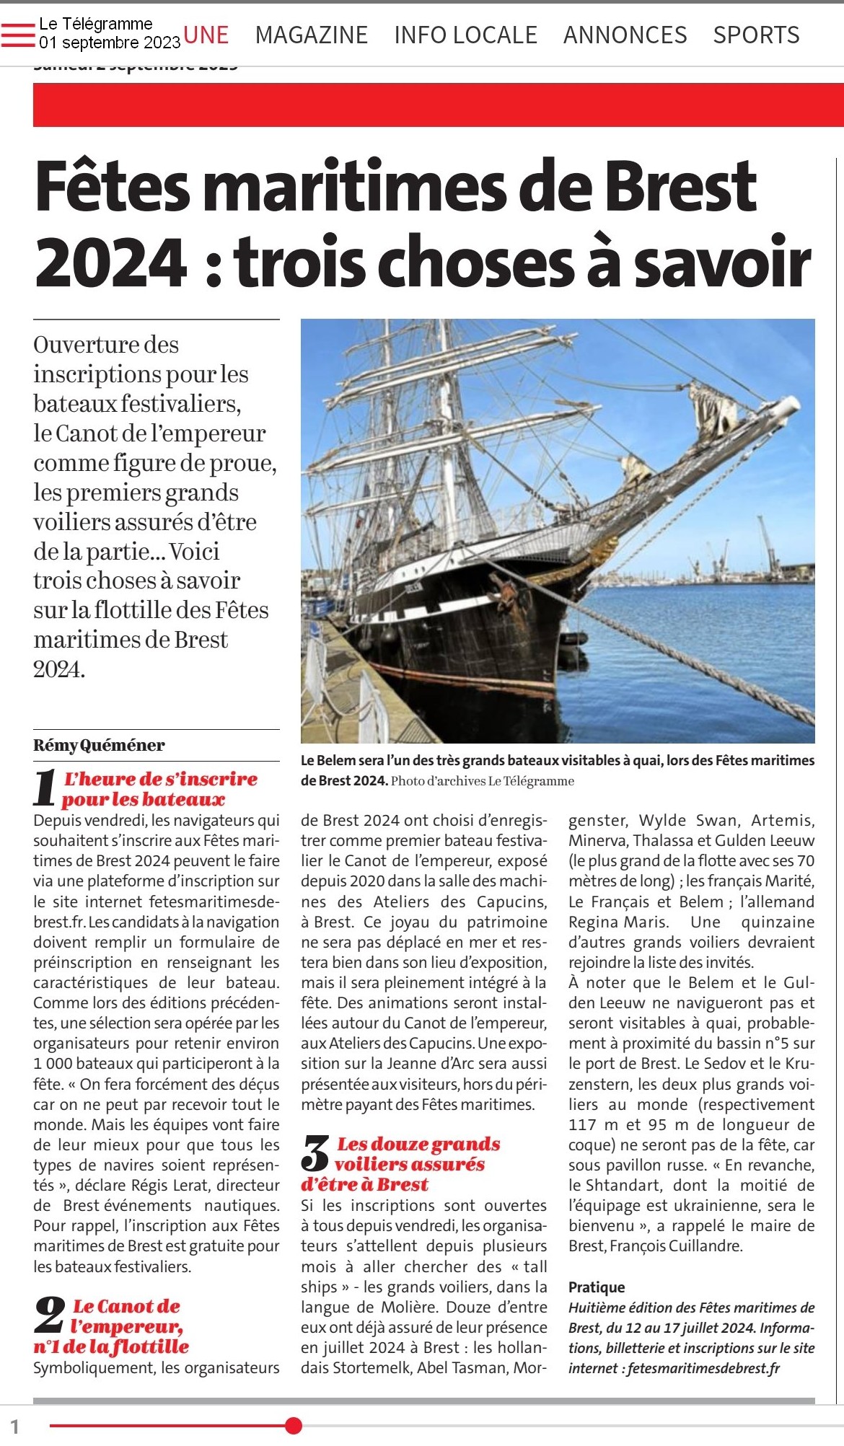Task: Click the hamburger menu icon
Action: click(x=18, y=35)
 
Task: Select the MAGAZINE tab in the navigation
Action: click(x=311, y=35)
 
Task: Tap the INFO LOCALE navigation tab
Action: click(x=465, y=35)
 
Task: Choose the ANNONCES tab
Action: click(x=625, y=35)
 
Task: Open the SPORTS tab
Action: click(x=756, y=35)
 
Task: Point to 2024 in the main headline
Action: click(x=111, y=262)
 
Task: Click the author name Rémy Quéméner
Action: click(x=99, y=745)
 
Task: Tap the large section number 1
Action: click(x=45, y=788)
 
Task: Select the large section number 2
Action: click(x=49, y=1315)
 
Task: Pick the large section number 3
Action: click(x=315, y=1153)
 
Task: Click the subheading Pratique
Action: click(x=597, y=1287)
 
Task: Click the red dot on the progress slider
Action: click(x=293, y=1425)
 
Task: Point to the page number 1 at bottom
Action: click(x=14, y=1426)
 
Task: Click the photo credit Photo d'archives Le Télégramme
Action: click(x=483, y=781)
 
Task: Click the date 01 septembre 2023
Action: click(x=110, y=43)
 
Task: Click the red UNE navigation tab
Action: click(x=206, y=35)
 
